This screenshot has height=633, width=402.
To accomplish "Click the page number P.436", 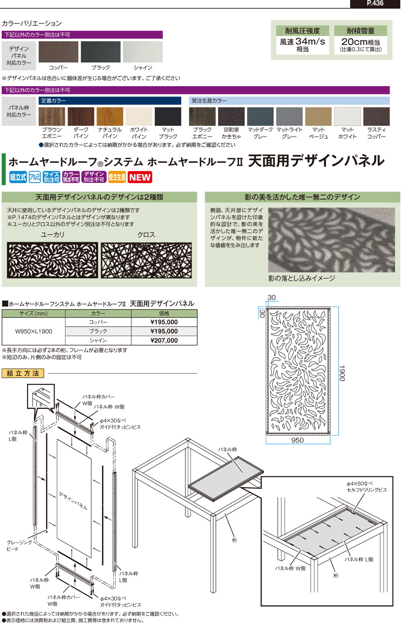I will pos(375,4).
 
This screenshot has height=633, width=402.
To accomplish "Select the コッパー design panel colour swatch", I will pos(58,52).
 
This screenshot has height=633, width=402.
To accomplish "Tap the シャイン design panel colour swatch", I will pos(143,52).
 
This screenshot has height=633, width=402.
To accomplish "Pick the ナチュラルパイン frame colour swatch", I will pos(110,117).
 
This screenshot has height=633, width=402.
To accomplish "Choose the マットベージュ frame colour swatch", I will pos(318,117).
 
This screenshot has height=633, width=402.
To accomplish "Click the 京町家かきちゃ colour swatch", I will pos(231,117).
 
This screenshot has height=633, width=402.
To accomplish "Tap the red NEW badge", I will pos(140,177).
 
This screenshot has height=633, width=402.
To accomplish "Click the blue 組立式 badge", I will pos(18,177).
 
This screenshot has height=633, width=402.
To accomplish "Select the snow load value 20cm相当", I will pos(360,42).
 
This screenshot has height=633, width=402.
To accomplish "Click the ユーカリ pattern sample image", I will pos(52,260).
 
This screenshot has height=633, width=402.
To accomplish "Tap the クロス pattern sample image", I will pos(146,260).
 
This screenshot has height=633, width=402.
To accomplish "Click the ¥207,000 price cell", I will pos(164,340).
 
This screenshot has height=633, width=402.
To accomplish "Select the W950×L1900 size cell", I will pos(34,331).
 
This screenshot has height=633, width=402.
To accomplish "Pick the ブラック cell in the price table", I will pos(98,331).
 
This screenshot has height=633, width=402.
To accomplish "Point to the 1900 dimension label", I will pos(341,373).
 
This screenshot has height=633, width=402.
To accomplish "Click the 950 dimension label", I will pos(297,440).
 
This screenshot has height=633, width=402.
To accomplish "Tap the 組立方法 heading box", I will pos(23,373).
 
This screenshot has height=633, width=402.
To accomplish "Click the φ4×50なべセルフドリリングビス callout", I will pos(367,487).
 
